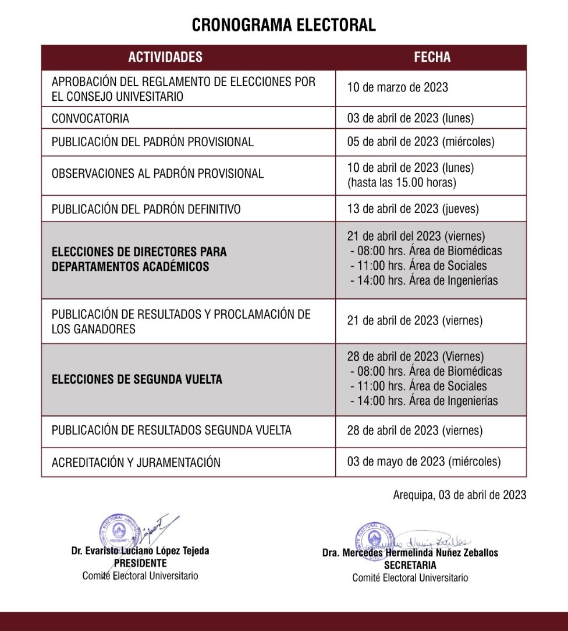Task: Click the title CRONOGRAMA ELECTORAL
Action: coord(284,25)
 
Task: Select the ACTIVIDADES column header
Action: coord(165,57)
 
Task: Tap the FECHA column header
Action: coord(432,57)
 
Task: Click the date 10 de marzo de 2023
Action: coord(397,87)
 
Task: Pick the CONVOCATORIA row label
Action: coord(90,118)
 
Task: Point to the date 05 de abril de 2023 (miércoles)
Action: coord(420,142)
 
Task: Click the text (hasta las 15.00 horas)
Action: coord(402,182)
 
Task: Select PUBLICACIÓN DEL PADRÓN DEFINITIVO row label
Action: coord(146,209)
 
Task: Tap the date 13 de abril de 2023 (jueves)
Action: coord(413,209)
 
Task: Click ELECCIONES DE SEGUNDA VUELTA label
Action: coord(137,379)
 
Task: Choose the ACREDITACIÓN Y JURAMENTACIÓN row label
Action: coord(136,463)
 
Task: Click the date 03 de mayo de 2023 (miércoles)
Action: coord(424,461)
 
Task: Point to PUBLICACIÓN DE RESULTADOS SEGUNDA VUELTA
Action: coord(171,431)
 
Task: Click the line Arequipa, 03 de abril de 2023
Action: coord(460,495)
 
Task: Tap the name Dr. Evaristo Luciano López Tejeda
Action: coord(140,551)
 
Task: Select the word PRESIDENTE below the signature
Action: coord(140,563)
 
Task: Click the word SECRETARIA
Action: coord(410,565)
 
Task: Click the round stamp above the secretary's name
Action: coord(375,539)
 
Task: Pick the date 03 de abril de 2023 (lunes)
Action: coord(410,118)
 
